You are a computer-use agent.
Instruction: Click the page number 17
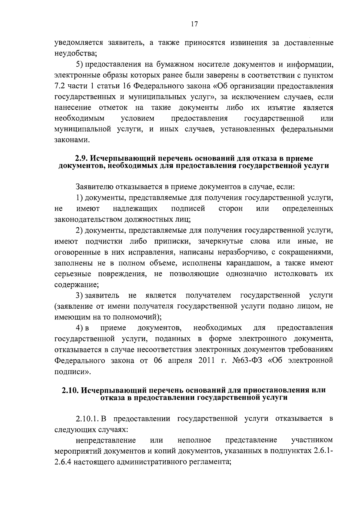click(x=194, y=24)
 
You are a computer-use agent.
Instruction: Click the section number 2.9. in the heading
click(x=81, y=159)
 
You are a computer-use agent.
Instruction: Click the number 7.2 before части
click(x=60, y=86)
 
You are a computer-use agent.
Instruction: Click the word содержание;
click(x=76, y=284)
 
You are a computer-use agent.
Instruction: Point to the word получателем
click(x=208, y=295)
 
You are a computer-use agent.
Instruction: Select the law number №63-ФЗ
click(x=247, y=361)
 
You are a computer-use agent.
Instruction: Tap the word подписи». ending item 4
click(x=72, y=372)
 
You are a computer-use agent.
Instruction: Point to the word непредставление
click(x=106, y=440)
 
